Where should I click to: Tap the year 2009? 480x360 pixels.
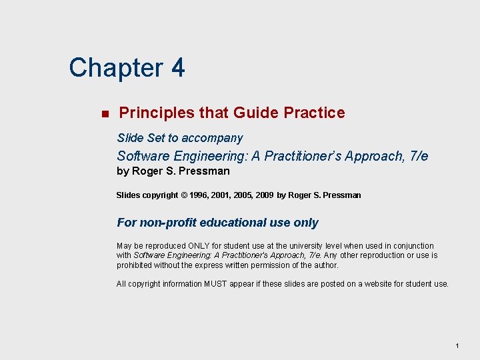264,195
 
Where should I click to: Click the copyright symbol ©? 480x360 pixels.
184,195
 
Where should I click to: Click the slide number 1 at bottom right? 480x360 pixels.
457,345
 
